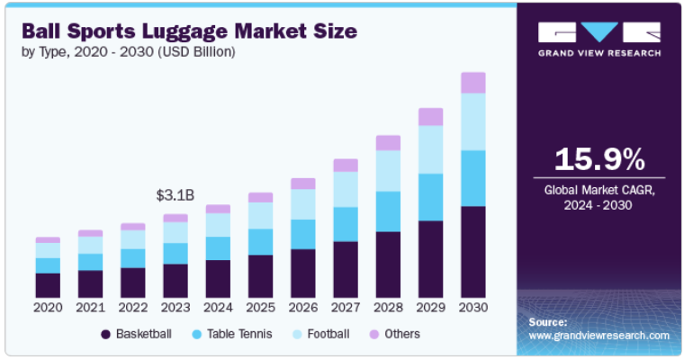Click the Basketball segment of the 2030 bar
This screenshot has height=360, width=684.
(x=472, y=252)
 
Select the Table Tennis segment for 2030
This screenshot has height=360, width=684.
(x=472, y=178)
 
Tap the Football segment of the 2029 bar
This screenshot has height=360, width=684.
(x=430, y=149)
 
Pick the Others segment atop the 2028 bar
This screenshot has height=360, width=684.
(x=388, y=143)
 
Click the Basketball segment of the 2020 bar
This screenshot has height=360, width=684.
(x=48, y=284)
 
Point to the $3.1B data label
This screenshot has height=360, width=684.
(x=174, y=194)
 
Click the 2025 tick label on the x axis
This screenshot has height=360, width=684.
(x=260, y=308)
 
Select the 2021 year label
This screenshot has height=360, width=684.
(x=90, y=308)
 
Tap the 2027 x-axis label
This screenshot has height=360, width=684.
(x=346, y=308)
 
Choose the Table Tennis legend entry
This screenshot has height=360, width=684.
(x=231, y=334)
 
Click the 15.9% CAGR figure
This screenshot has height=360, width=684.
(x=598, y=159)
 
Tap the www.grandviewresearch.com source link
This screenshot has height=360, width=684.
(x=598, y=336)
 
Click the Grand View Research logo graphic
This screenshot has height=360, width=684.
(x=598, y=32)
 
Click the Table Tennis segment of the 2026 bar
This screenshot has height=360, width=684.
(x=302, y=234)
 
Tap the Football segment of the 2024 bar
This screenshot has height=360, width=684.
(x=218, y=225)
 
